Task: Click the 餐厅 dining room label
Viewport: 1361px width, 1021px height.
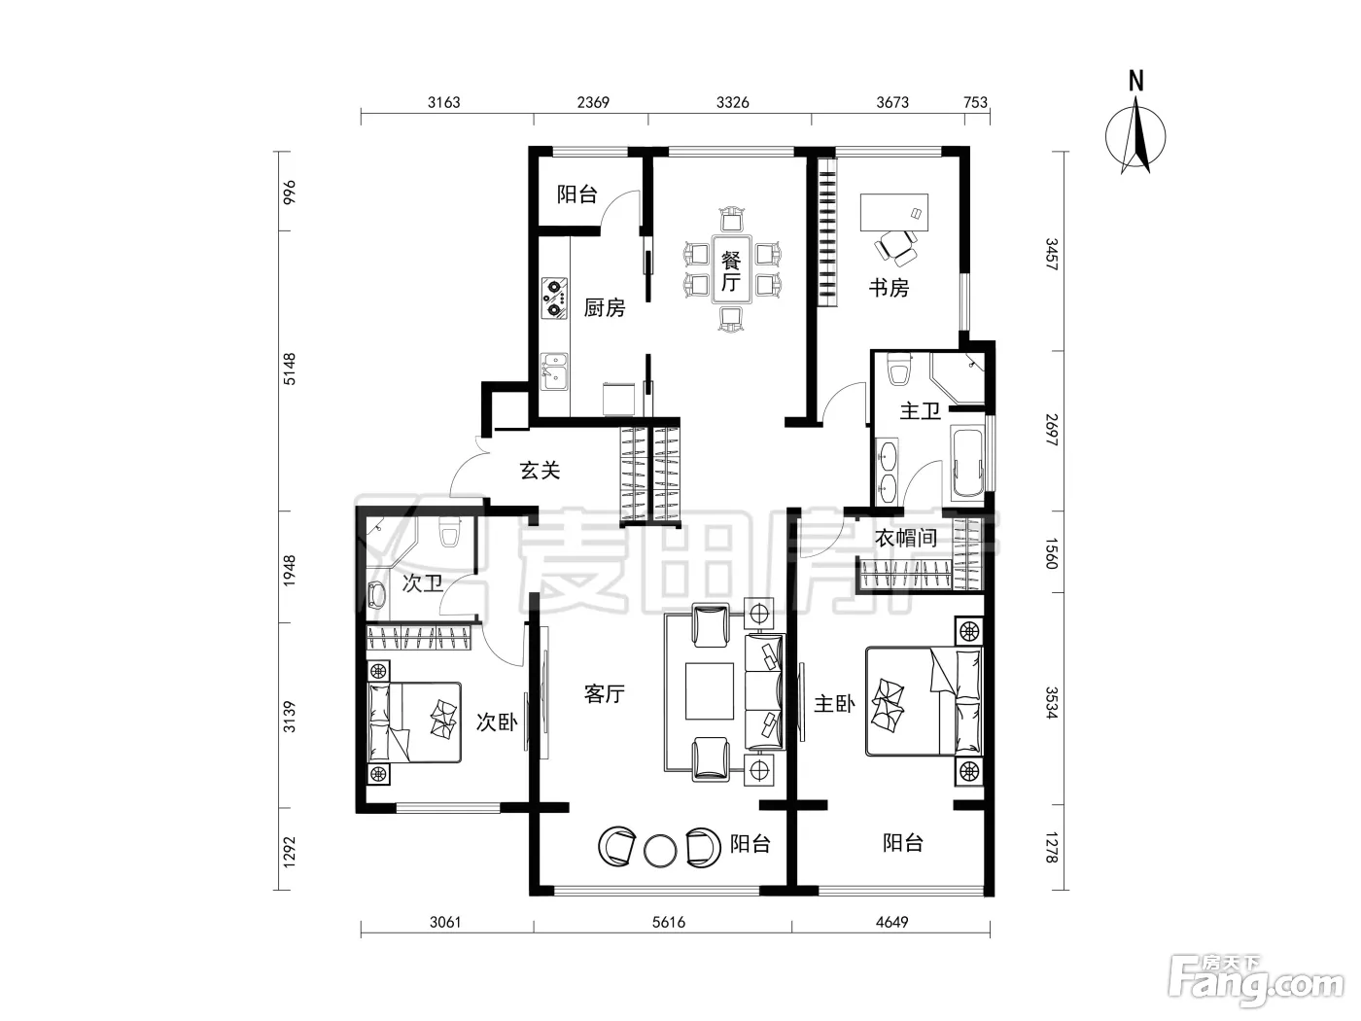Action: (x=730, y=271)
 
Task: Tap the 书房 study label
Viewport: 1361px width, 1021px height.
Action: (x=889, y=288)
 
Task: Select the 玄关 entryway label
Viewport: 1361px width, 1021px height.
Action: (x=541, y=471)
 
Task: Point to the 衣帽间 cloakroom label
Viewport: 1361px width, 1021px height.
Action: (x=905, y=538)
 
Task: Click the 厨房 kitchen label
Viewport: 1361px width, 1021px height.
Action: (x=605, y=307)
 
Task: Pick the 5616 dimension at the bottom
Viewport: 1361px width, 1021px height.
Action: (x=669, y=923)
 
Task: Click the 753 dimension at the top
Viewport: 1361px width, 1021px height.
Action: (x=975, y=102)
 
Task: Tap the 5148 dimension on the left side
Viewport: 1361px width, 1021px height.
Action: (x=290, y=370)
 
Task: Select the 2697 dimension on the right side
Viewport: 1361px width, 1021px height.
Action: (x=1052, y=430)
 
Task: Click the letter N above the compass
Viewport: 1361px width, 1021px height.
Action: (x=1135, y=82)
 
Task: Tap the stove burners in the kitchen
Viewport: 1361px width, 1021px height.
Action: (x=554, y=299)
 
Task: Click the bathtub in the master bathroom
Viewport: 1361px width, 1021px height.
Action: (x=967, y=464)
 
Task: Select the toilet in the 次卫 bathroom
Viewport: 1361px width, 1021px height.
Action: (x=449, y=532)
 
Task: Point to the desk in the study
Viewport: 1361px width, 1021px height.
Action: (x=894, y=212)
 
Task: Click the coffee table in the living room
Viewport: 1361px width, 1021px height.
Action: (x=710, y=691)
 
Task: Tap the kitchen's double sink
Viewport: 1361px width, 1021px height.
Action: (x=554, y=371)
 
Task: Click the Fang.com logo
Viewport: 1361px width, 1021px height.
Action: (x=1256, y=987)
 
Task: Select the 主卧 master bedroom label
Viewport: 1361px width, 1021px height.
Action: (x=834, y=704)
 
